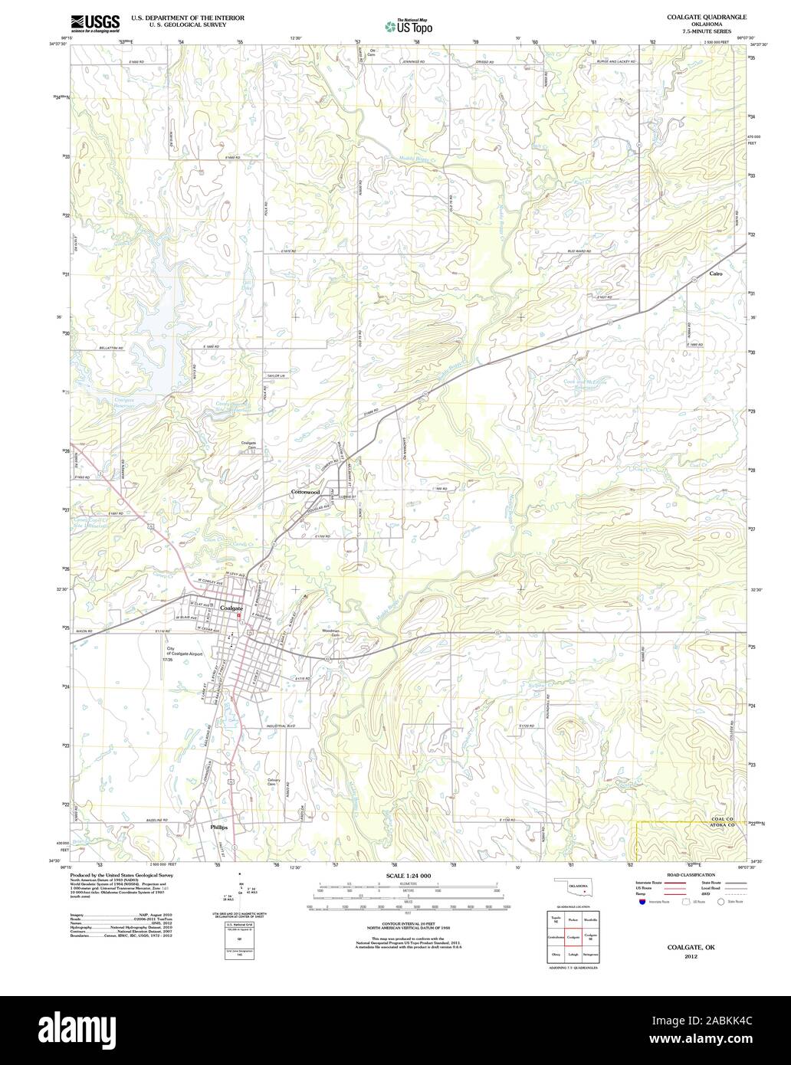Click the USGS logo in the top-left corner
click(95, 24)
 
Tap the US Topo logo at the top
click(409, 27)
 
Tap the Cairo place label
click(716, 274)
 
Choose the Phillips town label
click(219, 827)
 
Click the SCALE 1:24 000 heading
click(409, 875)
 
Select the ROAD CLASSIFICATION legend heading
click(691, 875)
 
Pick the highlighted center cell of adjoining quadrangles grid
click(573, 936)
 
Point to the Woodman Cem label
click(331, 631)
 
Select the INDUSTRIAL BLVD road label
click(281, 725)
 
